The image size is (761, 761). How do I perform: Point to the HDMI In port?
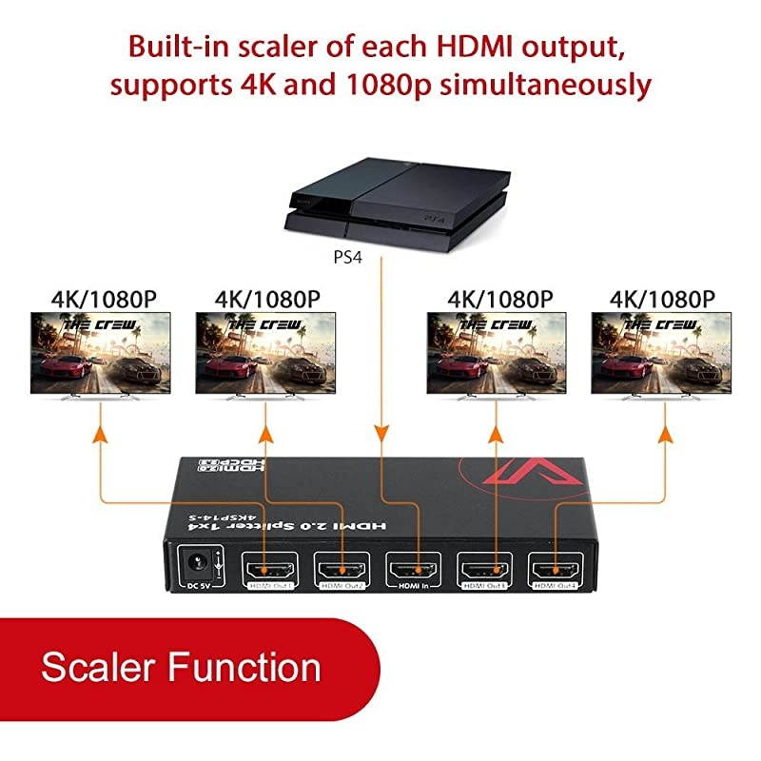click(414, 571)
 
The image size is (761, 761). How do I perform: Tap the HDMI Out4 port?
click(556, 571)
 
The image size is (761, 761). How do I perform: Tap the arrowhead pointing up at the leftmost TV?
click(98, 433)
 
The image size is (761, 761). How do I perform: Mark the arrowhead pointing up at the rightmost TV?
click(663, 433)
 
